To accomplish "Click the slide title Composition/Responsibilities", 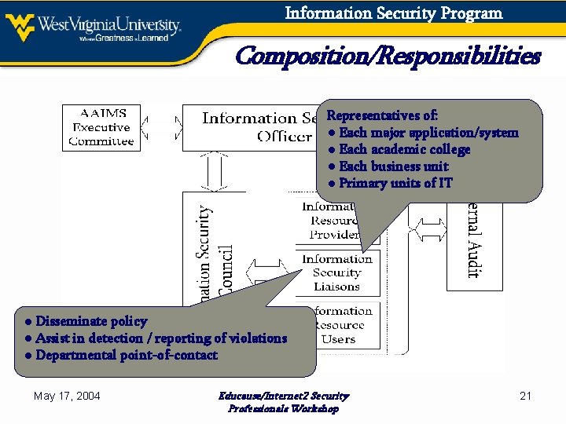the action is (388, 57).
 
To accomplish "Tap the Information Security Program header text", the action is (393, 13).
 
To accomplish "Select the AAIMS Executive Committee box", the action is (101, 127).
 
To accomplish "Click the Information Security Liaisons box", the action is (337, 272).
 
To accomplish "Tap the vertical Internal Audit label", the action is (473, 243).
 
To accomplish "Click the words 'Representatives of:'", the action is (382, 115).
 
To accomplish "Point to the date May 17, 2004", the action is (67, 396).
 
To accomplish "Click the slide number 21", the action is (526, 396).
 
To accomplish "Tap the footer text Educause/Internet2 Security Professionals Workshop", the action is (283, 402).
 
